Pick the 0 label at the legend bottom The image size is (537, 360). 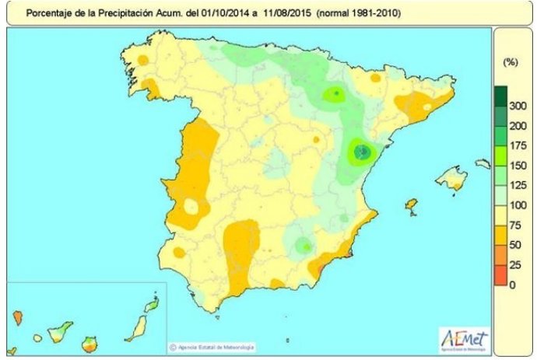[511, 285]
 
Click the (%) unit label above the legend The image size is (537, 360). [511, 61]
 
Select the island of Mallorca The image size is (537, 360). [451, 179]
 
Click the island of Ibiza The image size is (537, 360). [411, 206]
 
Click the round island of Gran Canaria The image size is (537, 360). [90, 342]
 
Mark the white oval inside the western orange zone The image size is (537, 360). [191, 207]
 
